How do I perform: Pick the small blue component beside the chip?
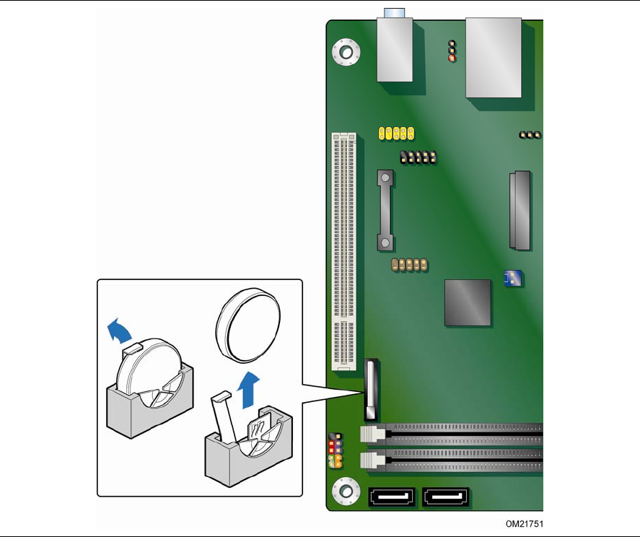point(513,277)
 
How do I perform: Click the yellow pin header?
point(396,133)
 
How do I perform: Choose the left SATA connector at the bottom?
point(392,497)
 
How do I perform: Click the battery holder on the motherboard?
point(371,390)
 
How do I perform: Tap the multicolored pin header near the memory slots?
point(335,451)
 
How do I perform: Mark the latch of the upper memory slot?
point(368,435)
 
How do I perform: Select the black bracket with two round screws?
point(385,210)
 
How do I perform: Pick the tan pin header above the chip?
point(408,265)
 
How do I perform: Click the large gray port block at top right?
point(494,56)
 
